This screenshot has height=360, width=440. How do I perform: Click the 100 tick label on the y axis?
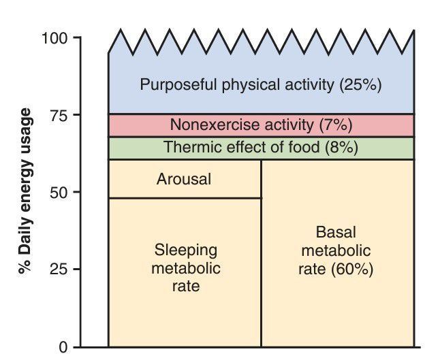(x=54, y=37)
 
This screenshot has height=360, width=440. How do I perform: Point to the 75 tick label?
(x=59, y=115)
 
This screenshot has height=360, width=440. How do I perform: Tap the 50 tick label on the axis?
(x=59, y=193)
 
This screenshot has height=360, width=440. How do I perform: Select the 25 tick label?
(x=59, y=269)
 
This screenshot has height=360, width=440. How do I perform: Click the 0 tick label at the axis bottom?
(x=63, y=347)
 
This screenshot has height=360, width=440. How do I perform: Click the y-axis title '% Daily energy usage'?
(x=25, y=190)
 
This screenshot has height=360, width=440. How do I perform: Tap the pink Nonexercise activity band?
(x=261, y=125)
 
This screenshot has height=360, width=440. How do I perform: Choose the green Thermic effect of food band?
(x=261, y=148)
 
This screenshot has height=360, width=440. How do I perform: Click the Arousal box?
(x=184, y=180)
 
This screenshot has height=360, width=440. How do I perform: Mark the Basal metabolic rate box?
(x=336, y=252)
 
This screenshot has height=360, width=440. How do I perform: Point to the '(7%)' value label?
(x=335, y=125)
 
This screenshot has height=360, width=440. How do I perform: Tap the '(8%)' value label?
(x=341, y=148)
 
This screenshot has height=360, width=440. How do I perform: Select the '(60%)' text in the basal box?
(x=351, y=268)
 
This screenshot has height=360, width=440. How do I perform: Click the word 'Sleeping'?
(x=185, y=250)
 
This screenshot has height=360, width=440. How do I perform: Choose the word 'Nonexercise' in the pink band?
(x=208, y=125)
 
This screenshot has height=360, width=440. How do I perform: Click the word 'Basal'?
(x=336, y=233)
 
